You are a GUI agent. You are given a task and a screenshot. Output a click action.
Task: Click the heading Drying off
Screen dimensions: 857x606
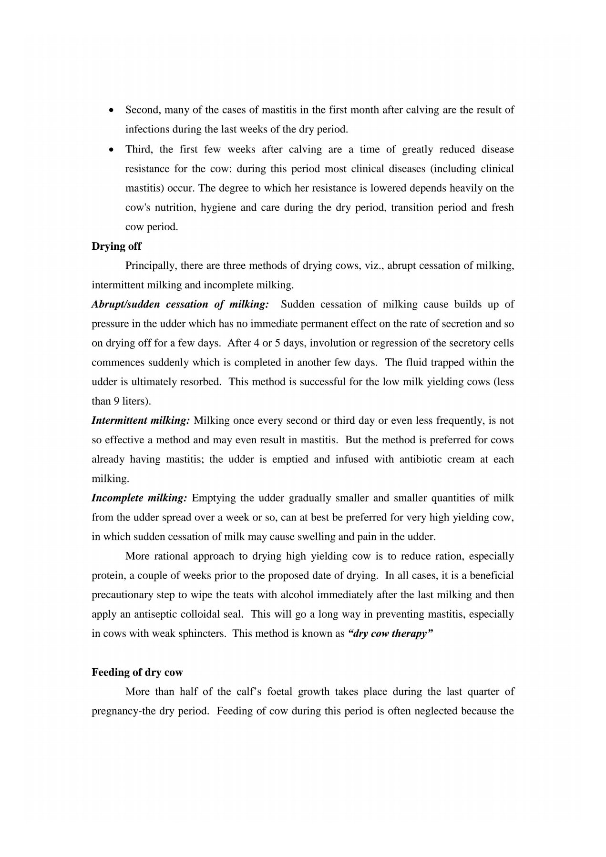click(116, 246)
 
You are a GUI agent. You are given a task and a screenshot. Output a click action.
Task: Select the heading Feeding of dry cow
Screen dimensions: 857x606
click(137, 672)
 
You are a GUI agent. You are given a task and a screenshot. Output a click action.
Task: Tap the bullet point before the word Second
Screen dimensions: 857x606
click(111, 110)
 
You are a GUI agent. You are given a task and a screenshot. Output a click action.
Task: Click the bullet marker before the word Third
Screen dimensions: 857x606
click(111, 149)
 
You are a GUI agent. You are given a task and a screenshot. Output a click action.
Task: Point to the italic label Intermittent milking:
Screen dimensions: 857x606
click(141, 420)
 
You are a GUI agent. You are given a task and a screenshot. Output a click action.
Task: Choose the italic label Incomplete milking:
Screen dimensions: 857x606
click(139, 498)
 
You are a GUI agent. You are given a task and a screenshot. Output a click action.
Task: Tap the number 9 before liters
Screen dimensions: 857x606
click(116, 401)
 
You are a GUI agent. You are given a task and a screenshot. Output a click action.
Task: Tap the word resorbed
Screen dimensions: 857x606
click(201, 382)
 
